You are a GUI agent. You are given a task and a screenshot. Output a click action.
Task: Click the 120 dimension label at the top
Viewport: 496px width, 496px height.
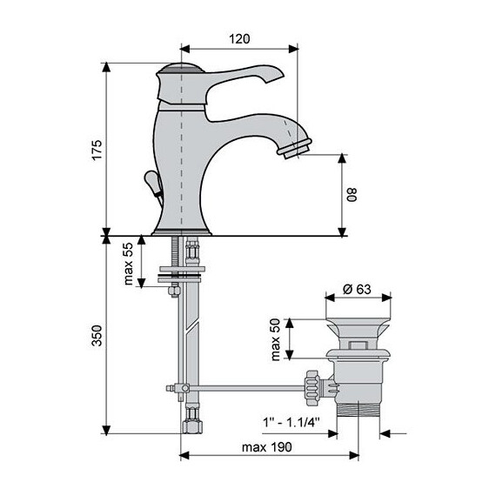[x=239, y=38]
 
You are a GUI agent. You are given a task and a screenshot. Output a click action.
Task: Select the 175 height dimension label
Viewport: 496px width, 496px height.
[x=97, y=150]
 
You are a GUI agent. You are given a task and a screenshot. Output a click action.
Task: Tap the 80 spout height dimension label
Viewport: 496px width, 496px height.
[x=352, y=195]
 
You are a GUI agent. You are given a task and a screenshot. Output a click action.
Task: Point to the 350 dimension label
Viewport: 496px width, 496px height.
[x=97, y=335]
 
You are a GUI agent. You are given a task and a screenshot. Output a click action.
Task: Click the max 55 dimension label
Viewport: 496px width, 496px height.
[x=129, y=264]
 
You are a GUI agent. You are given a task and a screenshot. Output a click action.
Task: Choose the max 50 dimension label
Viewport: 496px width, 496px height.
[x=276, y=339]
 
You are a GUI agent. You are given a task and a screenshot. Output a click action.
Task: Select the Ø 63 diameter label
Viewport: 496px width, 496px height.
[x=358, y=289]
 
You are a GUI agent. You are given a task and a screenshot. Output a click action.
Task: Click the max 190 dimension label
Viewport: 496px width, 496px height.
[x=266, y=447]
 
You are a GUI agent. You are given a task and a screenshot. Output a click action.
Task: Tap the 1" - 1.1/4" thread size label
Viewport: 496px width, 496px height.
[x=292, y=422]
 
